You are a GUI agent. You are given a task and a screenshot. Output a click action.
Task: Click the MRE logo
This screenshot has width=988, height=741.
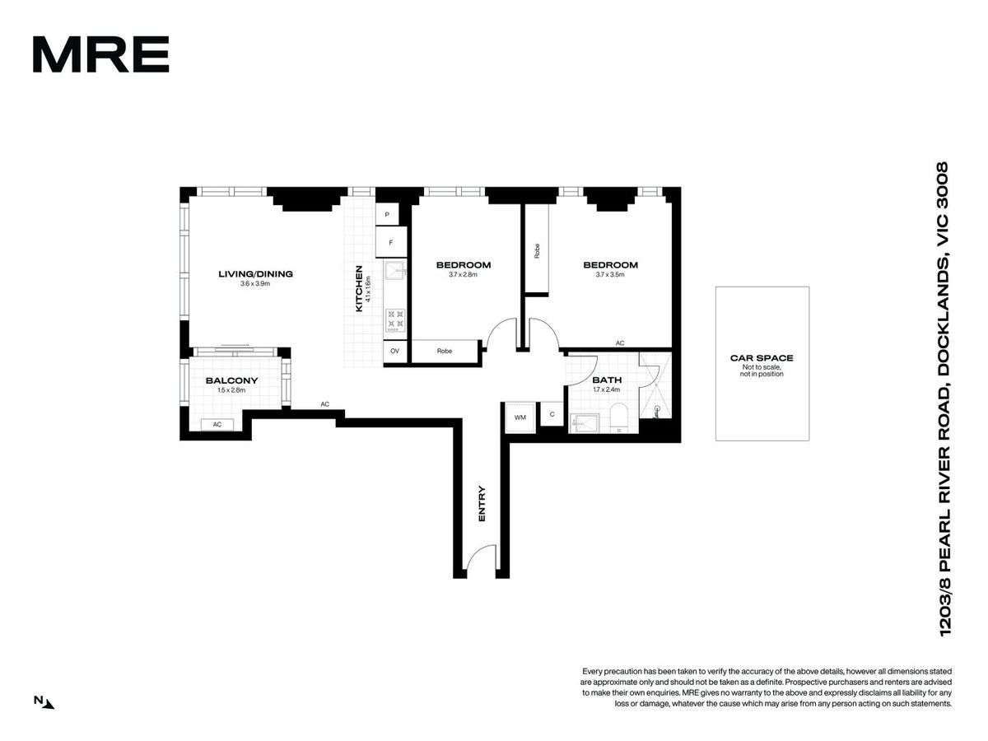point(100,54)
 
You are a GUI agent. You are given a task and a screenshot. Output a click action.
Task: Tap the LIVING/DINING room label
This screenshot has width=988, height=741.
point(255,273)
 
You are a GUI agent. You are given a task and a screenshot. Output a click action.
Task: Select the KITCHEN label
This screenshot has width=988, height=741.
point(359,288)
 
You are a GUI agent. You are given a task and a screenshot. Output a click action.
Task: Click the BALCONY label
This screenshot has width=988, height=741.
point(231,380)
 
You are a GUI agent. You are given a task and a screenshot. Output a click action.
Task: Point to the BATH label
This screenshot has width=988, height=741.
point(607,380)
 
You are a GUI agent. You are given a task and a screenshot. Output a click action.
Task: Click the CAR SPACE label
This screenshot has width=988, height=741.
point(762,358)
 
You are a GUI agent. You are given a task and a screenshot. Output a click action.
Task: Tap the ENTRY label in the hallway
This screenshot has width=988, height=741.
point(482,503)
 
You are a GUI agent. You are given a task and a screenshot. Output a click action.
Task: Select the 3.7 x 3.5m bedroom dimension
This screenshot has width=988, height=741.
point(610,274)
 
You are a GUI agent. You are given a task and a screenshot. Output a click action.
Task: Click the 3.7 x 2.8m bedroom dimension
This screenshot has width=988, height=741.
point(463,274)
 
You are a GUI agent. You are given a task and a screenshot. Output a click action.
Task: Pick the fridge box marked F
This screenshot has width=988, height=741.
point(391,242)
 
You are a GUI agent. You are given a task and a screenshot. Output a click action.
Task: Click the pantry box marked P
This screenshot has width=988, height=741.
point(387,215)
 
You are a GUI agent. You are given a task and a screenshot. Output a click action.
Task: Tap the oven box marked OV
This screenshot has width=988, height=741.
point(394,351)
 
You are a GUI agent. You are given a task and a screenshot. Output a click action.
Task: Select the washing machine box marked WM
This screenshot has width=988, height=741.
point(520,417)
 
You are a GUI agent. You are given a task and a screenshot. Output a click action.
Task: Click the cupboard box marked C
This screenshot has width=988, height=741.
point(552,414)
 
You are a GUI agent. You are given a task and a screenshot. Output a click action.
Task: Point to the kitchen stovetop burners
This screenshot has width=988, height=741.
point(395,320)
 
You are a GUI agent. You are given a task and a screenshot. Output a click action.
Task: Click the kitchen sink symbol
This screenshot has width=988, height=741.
point(395,272)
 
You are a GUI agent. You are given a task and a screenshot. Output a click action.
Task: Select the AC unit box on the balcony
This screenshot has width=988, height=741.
point(217,424)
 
